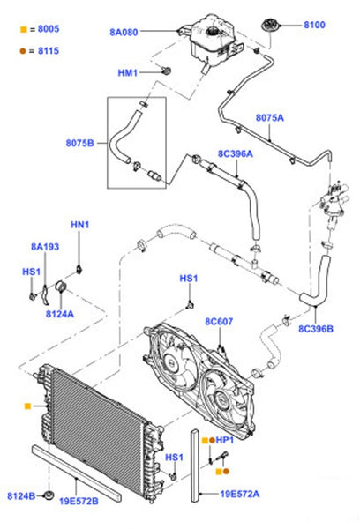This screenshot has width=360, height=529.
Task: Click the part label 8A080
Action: click(124, 32)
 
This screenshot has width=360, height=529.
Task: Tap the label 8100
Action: click(314, 25)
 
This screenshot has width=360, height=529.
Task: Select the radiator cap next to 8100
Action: click(270, 26)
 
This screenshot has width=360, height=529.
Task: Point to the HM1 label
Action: click(128, 72)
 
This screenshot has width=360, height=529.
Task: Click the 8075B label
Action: click(79, 143)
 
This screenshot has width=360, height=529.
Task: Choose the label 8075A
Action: click(270, 118)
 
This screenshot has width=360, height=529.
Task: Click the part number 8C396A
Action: click(236, 153)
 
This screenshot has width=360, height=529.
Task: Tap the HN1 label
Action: click(79, 225)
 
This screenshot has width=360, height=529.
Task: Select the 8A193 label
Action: click(45, 247)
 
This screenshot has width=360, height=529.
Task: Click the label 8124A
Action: click(60, 314)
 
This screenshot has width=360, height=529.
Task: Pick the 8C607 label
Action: click(219, 322)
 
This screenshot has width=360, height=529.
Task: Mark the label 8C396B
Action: click(316, 329)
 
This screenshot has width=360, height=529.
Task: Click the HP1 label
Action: click(225, 440)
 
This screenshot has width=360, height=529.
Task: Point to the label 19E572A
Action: click(240, 495)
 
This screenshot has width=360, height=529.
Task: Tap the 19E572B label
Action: click(79, 502)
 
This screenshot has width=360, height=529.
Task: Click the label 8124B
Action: click(21, 496)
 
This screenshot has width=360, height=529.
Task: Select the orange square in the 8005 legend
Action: click(23, 29)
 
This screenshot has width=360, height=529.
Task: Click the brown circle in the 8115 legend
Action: click(23, 51)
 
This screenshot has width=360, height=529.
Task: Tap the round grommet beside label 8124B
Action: click(49, 495)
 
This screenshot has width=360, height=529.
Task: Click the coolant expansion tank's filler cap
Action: click(213, 32)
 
